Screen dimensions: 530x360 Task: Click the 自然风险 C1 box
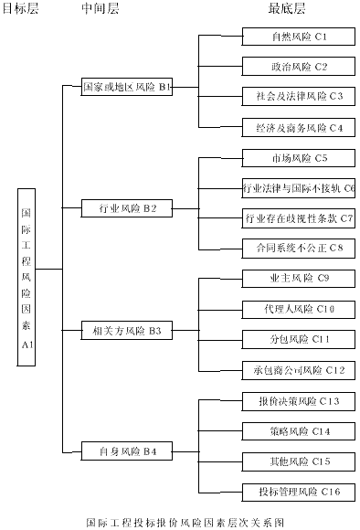click(x=299, y=37)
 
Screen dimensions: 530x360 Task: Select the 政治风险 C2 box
click(x=299, y=67)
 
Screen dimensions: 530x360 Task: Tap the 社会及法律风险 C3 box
click(x=299, y=96)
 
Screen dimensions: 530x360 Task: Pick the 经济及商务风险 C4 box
click(x=299, y=127)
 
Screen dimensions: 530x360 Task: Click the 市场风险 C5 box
click(x=299, y=158)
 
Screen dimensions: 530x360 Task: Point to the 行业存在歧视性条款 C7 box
click(x=299, y=218)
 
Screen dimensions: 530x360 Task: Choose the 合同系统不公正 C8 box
click(x=299, y=248)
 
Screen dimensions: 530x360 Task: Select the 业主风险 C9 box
click(x=299, y=278)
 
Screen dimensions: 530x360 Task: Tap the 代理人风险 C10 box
click(x=299, y=309)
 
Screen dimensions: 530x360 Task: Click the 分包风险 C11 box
click(x=299, y=339)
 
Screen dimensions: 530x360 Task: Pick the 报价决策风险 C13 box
click(x=299, y=401)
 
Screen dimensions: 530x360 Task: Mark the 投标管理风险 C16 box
click(x=299, y=492)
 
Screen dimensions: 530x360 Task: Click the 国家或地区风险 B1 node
click(x=126, y=88)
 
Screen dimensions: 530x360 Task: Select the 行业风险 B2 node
click(x=126, y=208)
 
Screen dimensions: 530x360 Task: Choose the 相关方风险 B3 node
click(x=126, y=329)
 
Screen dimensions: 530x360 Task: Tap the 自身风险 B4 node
click(x=126, y=450)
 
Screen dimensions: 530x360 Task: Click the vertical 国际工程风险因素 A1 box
click(x=26, y=277)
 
